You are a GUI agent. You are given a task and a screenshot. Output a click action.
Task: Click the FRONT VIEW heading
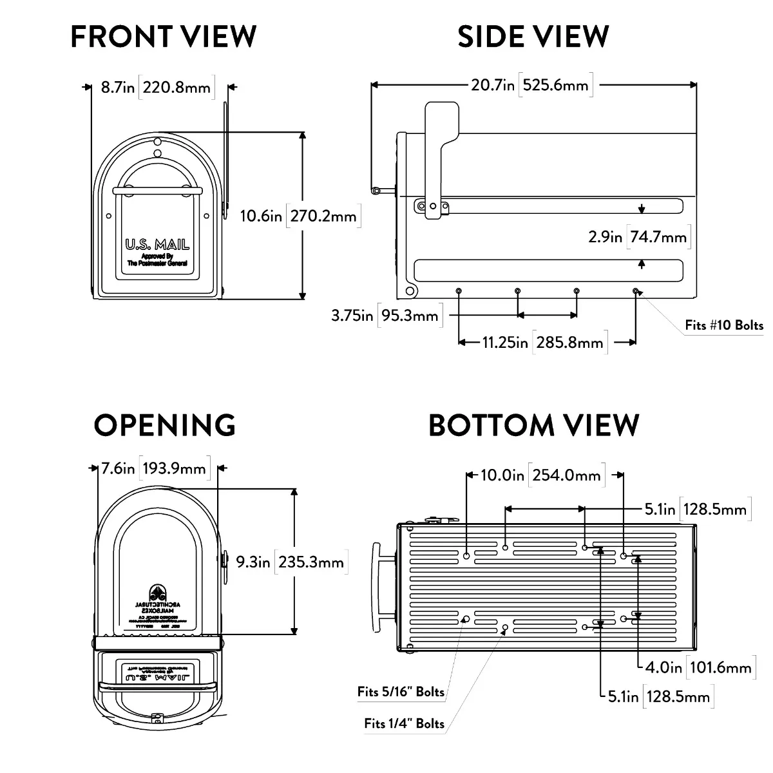click(x=163, y=36)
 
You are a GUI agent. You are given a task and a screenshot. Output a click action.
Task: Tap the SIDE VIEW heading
click(x=533, y=36)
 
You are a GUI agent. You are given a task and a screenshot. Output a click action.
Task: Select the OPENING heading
click(x=165, y=425)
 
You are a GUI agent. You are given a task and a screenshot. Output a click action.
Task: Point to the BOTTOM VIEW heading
click(x=533, y=425)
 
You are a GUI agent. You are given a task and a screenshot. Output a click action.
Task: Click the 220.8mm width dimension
click(x=177, y=87)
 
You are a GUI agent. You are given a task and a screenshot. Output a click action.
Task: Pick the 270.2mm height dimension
click(x=323, y=216)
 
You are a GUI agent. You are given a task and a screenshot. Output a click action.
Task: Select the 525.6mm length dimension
click(x=556, y=85)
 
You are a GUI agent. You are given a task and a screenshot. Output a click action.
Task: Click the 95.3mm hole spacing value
click(x=409, y=316)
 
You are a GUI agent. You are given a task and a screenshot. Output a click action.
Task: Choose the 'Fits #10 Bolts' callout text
click(x=724, y=325)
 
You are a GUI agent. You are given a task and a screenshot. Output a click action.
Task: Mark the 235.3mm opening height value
click(x=311, y=562)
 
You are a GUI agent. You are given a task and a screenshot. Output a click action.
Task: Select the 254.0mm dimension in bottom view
click(x=566, y=475)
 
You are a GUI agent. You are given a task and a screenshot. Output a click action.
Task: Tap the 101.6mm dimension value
click(x=720, y=667)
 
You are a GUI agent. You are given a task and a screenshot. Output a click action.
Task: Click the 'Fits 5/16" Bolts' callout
click(x=401, y=692)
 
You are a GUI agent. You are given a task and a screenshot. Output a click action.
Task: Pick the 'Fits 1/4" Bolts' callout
click(x=404, y=723)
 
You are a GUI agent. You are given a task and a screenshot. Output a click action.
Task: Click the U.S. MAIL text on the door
click(x=157, y=245)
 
